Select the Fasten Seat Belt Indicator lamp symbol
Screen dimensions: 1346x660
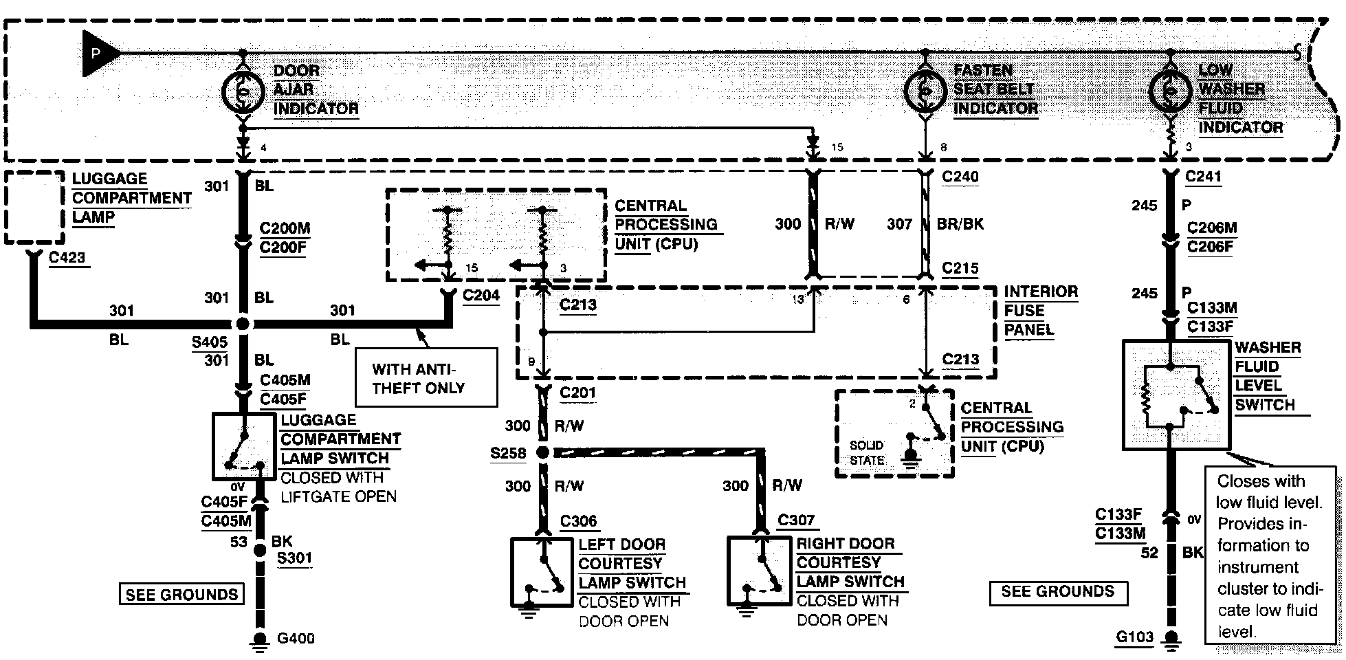[x=925, y=90]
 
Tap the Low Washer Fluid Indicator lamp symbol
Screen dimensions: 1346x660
[x=1169, y=90]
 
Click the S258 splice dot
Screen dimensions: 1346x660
[x=542, y=452]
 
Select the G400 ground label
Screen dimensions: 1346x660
[x=296, y=638]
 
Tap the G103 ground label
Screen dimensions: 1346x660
[x=1134, y=637]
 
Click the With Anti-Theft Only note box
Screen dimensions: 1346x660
[x=426, y=377]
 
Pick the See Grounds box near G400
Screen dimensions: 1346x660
[x=181, y=594]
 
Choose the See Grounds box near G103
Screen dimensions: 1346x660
[x=1058, y=593]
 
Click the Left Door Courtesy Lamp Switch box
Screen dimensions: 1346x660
[x=542, y=572]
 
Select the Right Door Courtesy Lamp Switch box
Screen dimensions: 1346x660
[x=760, y=571]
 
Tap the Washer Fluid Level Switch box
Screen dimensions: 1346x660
[x=1176, y=395]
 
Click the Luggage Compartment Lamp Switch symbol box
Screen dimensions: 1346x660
[x=244, y=446]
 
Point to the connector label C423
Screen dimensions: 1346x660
[x=67, y=258]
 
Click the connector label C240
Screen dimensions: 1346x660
[x=960, y=177]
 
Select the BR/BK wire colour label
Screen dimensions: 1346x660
[x=960, y=224]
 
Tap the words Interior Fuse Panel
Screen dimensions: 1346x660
[x=1040, y=311]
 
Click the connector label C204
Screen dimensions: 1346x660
[x=481, y=296]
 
